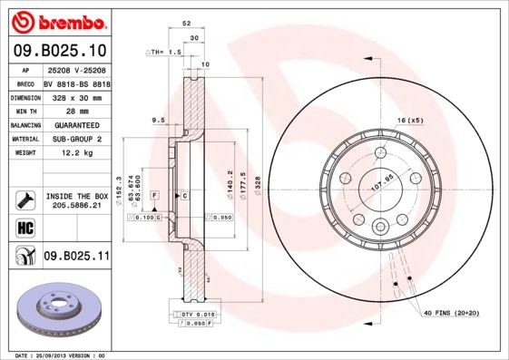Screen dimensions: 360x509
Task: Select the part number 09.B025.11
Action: click(77, 257)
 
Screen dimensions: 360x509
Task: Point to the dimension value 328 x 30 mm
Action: click(77, 95)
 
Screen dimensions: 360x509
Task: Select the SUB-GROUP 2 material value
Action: click(76, 139)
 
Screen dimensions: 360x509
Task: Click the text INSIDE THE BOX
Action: click(77, 196)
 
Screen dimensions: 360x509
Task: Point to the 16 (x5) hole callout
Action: click(410, 120)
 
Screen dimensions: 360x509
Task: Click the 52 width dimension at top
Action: click(186, 24)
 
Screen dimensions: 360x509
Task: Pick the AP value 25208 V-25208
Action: click(77, 69)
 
